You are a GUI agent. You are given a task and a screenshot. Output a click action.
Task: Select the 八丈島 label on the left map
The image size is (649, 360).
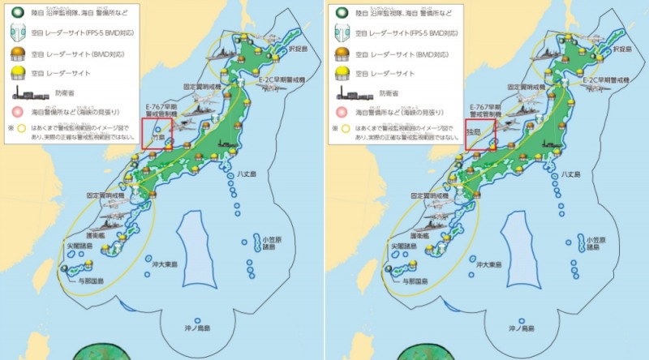pyautogui.click(x=249, y=174)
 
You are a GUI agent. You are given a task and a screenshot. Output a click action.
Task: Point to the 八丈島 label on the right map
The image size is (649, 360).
pyautogui.click(x=574, y=174)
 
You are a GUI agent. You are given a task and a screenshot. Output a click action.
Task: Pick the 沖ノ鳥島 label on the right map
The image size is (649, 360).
pyautogui.click(x=519, y=328)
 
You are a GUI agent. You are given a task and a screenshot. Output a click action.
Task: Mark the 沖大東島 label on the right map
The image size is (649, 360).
pyautogui.click(x=492, y=265)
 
